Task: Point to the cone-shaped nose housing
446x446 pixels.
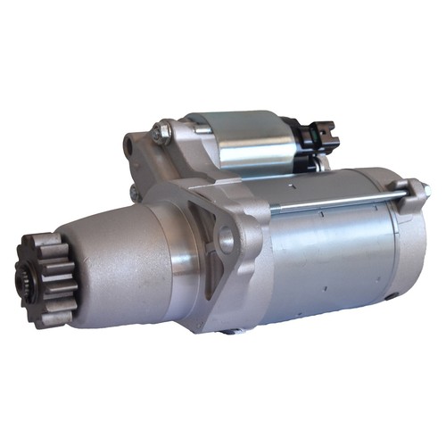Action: (x=116, y=259)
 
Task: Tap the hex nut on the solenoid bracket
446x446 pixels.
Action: (x=162, y=133)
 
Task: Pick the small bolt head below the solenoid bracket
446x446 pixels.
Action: (x=135, y=191)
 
